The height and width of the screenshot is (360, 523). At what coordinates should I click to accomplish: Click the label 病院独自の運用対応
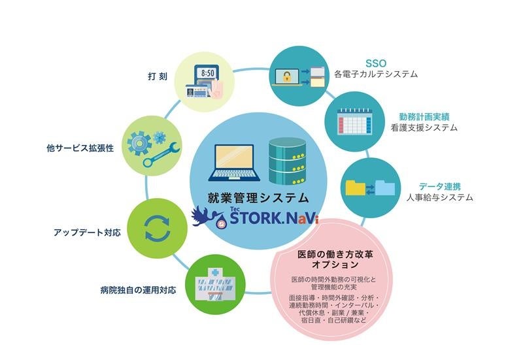[139, 288]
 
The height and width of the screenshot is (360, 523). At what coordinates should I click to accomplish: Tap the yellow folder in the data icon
[358, 189]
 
